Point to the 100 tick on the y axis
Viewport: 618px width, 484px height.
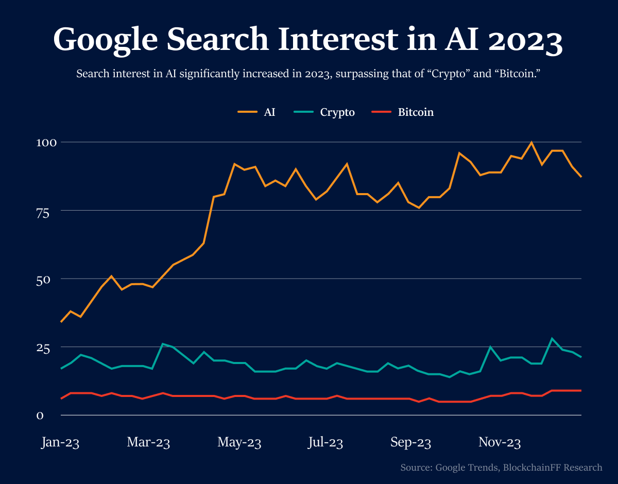coord(44,142)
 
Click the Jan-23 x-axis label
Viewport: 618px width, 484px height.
coord(60,442)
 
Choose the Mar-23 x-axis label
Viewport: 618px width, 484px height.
coord(148,442)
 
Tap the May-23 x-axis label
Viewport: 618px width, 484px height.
coord(239,442)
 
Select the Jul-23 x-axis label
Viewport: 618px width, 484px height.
coord(325,442)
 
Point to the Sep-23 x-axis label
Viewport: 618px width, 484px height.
coord(410,442)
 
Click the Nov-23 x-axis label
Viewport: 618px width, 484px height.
coord(500,442)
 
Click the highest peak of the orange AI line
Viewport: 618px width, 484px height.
coord(531,143)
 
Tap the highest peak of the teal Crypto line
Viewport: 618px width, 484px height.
coord(552,339)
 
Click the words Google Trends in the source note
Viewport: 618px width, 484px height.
coord(467,468)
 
